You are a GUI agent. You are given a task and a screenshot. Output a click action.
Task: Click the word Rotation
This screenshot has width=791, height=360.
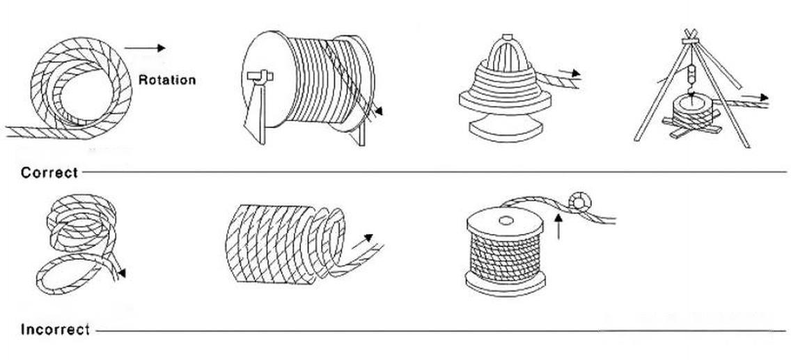[x=167, y=79]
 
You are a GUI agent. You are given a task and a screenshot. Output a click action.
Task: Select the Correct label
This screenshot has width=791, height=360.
[x=49, y=172]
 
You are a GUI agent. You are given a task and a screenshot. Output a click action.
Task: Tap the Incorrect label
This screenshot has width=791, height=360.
[x=55, y=329]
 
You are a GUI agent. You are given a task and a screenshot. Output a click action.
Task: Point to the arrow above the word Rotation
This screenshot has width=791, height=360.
[x=146, y=48]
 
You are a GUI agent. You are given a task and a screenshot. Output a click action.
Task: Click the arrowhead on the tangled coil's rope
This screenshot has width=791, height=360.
[x=122, y=274]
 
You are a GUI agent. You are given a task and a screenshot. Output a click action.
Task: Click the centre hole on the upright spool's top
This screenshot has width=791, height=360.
[x=505, y=221]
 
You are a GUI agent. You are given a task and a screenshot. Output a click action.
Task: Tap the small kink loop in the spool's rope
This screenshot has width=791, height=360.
[x=579, y=202]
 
